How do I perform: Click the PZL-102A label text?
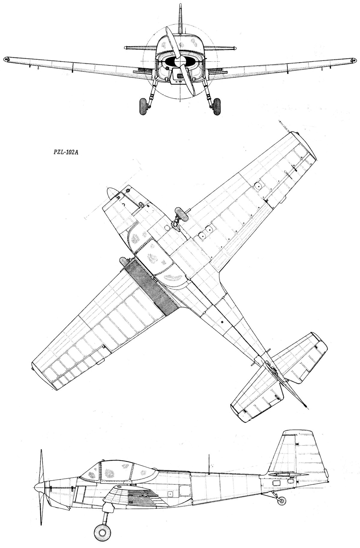tap(64, 152)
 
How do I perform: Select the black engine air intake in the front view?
tap(180, 61)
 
